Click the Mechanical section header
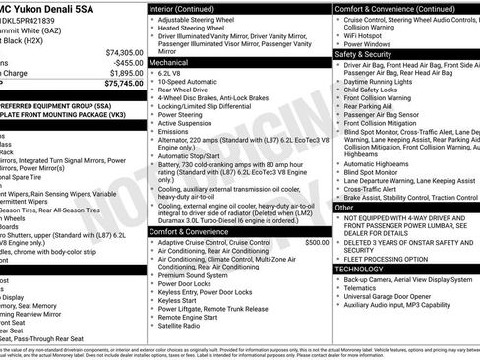click(171, 60)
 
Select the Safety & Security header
click(366, 54)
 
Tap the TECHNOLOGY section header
click(360, 268)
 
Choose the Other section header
click(344, 208)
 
